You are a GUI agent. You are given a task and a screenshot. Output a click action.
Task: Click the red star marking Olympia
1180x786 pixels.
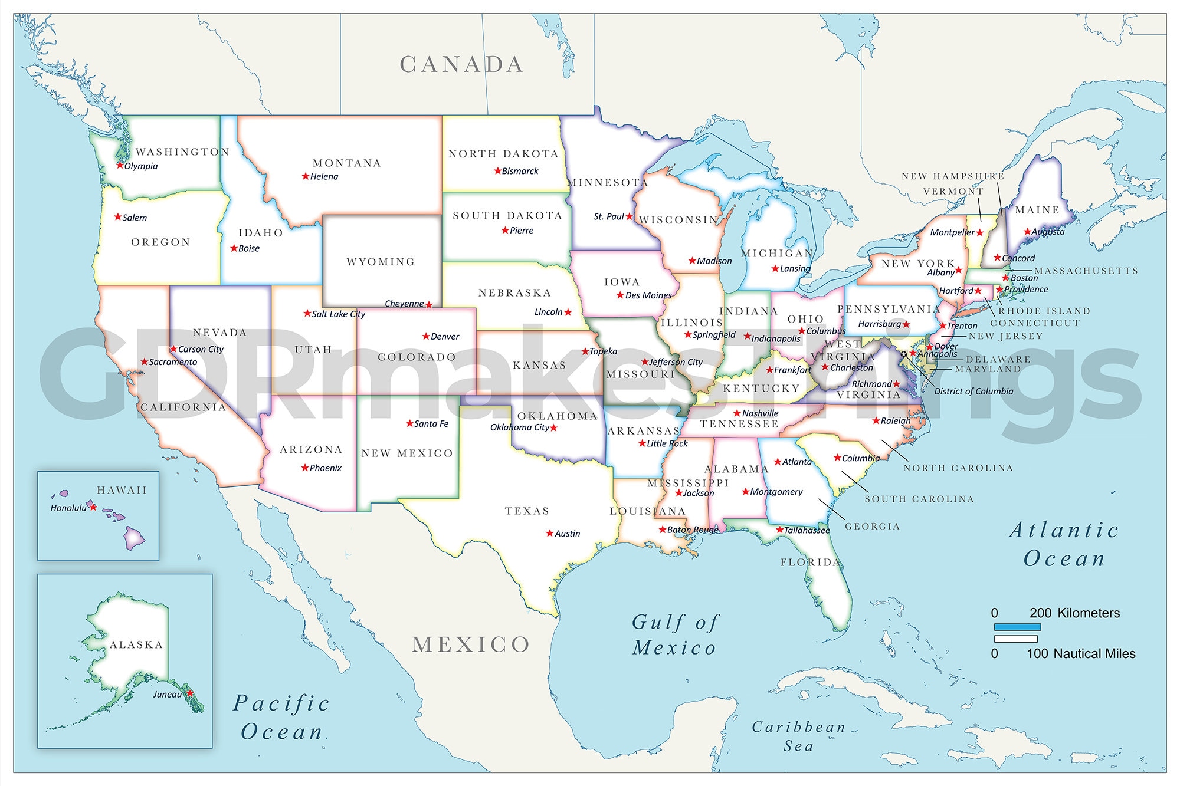pos(120,166)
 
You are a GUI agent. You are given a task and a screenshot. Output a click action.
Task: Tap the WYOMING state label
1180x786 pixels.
pos(381,262)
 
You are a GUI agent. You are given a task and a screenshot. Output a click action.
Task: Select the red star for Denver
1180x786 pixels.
pos(426,336)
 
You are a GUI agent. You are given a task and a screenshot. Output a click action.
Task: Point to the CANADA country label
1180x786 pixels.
pos(461,65)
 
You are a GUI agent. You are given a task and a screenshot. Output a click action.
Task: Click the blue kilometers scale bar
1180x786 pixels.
pos(1017,627)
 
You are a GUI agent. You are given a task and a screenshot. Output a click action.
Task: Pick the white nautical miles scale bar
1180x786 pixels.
pos(1015,639)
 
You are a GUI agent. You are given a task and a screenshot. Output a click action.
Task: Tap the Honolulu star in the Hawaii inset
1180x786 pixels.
pos(93,507)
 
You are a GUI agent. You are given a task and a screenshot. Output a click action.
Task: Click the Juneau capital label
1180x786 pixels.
pos(167,695)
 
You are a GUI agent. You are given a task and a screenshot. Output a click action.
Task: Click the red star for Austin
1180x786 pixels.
pos(550,533)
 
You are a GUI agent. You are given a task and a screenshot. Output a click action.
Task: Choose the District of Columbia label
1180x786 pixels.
pos(973,392)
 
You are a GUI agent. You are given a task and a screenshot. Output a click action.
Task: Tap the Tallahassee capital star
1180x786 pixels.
pos(779,530)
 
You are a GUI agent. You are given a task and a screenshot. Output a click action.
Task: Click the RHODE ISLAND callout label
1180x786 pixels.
pos(1044,311)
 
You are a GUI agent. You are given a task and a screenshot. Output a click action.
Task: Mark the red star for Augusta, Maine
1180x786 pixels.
pos(1027,232)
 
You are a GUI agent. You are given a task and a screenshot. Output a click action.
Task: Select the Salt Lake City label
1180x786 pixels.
pos(338,314)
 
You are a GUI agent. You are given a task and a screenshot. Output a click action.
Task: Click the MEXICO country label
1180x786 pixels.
pos(471,644)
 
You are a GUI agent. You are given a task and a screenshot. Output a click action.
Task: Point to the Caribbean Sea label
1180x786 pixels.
pos(799,736)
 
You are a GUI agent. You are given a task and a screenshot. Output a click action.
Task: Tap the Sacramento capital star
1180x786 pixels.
pos(144,362)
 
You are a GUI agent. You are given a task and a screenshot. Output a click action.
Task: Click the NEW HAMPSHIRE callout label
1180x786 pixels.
pos(952,176)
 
